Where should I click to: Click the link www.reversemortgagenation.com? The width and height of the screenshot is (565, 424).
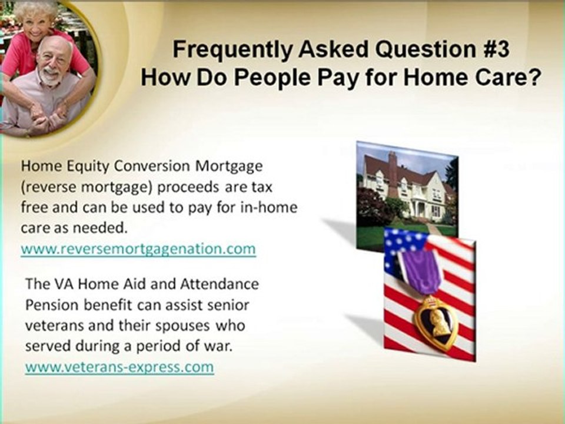coord(138,249)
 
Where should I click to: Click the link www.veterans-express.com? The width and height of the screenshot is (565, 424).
coord(119,367)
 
